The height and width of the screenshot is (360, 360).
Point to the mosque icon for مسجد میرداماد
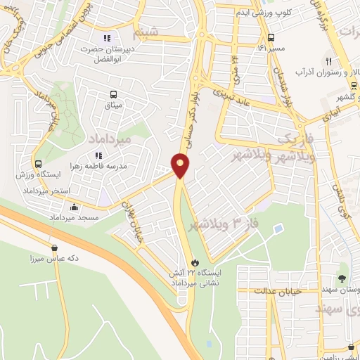pos(75,207)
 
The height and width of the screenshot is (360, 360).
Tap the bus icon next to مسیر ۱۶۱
pos(271,38)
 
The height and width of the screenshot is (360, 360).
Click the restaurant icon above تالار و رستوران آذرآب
pos(329,60)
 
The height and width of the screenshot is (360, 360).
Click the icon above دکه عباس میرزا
pos(54,247)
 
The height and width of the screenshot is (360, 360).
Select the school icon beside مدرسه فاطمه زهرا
pos(98,156)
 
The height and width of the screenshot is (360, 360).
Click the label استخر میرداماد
pos(45,192)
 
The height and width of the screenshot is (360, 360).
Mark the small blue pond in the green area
pos(279,228)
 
